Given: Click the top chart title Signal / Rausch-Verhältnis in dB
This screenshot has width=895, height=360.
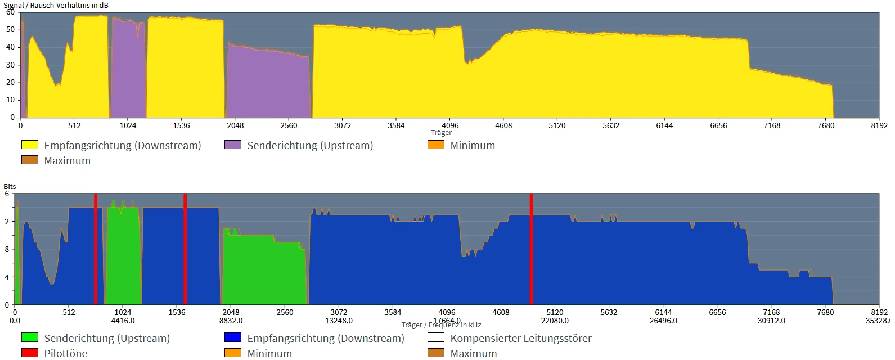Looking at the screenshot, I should pyautogui.click(x=56, y=5).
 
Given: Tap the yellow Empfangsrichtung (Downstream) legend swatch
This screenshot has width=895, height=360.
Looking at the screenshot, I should pyautogui.click(x=30, y=145).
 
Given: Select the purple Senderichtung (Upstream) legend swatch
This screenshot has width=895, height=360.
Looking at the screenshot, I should pyautogui.click(x=233, y=145).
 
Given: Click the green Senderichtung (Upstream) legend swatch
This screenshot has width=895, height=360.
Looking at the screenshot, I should pyautogui.click(x=30, y=338).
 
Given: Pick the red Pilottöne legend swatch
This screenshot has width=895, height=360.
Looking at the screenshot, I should pyautogui.click(x=30, y=353).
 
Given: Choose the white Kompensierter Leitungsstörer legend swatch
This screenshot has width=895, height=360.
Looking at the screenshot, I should pyautogui.click(x=436, y=338).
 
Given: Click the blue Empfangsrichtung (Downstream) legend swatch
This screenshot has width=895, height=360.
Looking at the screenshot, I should pyautogui.click(x=233, y=338).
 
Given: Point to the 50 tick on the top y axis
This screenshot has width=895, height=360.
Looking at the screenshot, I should pyautogui.click(x=10, y=29).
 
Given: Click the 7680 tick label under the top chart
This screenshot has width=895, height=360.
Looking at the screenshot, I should pyautogui.click(x=826, y=125).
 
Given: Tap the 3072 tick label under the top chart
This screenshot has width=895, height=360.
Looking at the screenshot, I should pyautogui.click(x=343, y=125).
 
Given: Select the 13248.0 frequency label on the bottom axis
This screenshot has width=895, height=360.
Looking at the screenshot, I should pyautogui.click(x=339, y=321).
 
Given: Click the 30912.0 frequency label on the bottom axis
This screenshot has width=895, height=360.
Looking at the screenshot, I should pyautogui.click(x=771, y=321).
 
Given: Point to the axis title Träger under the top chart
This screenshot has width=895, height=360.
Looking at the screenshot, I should pyautogui.click(x=441, y=133).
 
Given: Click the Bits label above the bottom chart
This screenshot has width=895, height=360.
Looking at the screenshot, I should pyautogui.click(x=10, y=186).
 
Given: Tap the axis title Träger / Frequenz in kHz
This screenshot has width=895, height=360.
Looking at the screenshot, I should pyautogui.click(x=441, y=325).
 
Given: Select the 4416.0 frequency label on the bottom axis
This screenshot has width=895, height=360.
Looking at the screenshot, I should pyautogui.click(x=123, y=321).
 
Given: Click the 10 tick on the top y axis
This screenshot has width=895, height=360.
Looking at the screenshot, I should pyautogui.click(x=10, y=100).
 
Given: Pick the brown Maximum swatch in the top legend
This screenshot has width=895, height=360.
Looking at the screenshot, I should pyautogui.click(x=30, y=160).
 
